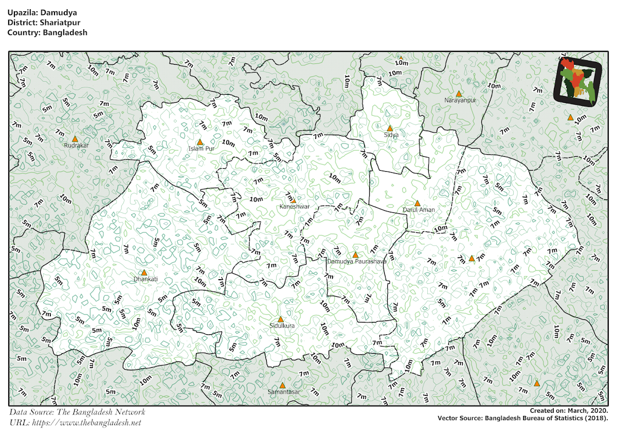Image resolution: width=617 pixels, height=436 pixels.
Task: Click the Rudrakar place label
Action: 77,146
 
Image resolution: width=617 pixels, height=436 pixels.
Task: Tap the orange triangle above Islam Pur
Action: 200,142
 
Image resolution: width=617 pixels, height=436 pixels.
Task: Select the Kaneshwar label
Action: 294,206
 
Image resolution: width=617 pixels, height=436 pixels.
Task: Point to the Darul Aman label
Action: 419,210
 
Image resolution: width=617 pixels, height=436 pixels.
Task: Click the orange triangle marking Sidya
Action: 390,128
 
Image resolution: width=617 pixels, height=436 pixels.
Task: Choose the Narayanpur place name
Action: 461,100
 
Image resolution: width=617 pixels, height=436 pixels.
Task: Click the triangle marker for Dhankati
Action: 144,272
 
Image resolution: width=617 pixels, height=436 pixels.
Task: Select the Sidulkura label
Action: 282,325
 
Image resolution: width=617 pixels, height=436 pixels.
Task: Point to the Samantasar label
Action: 284,392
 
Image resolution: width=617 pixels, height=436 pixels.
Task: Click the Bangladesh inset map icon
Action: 578,82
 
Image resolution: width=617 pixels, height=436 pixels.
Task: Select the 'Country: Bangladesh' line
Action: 47,32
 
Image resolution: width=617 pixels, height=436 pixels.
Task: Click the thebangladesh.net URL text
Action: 75,423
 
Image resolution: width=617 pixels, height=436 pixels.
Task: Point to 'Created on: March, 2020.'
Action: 569,411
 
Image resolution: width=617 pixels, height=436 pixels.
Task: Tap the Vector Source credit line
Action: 523,419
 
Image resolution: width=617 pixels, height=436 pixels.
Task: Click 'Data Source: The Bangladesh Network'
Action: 77,412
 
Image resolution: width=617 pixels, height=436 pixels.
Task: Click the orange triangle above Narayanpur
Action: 459,94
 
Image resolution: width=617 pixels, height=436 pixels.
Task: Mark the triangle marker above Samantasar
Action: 282,385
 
